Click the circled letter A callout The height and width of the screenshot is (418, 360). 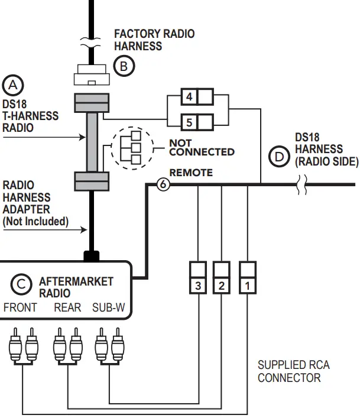point(12,85)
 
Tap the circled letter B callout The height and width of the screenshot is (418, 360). point(124,66)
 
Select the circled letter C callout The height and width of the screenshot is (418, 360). point(21,284)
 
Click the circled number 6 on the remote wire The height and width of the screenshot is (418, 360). point(164,185)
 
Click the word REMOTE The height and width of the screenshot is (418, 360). point(191,173)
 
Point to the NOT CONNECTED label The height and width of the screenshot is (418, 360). point(202,147)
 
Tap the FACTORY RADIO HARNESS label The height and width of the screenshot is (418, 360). point(154,40)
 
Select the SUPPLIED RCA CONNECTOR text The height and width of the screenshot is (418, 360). point(293,371)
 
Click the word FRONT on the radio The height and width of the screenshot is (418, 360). point(20,307)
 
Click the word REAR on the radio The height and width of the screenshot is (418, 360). point(67,307)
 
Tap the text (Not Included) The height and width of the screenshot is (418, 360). point(35,222)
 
